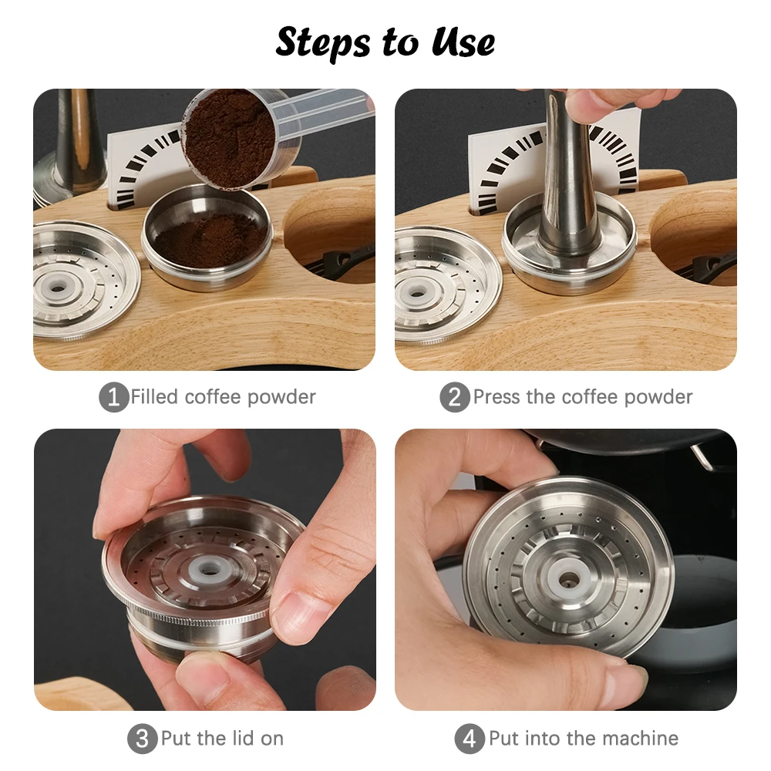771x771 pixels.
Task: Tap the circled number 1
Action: point(113,398)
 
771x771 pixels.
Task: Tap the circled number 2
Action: point(455,398)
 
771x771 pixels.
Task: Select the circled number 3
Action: point(142,739)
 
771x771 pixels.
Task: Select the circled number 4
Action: point(470,739)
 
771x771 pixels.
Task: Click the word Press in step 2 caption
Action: point(497,397)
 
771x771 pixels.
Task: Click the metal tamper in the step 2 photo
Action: point(569,185)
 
